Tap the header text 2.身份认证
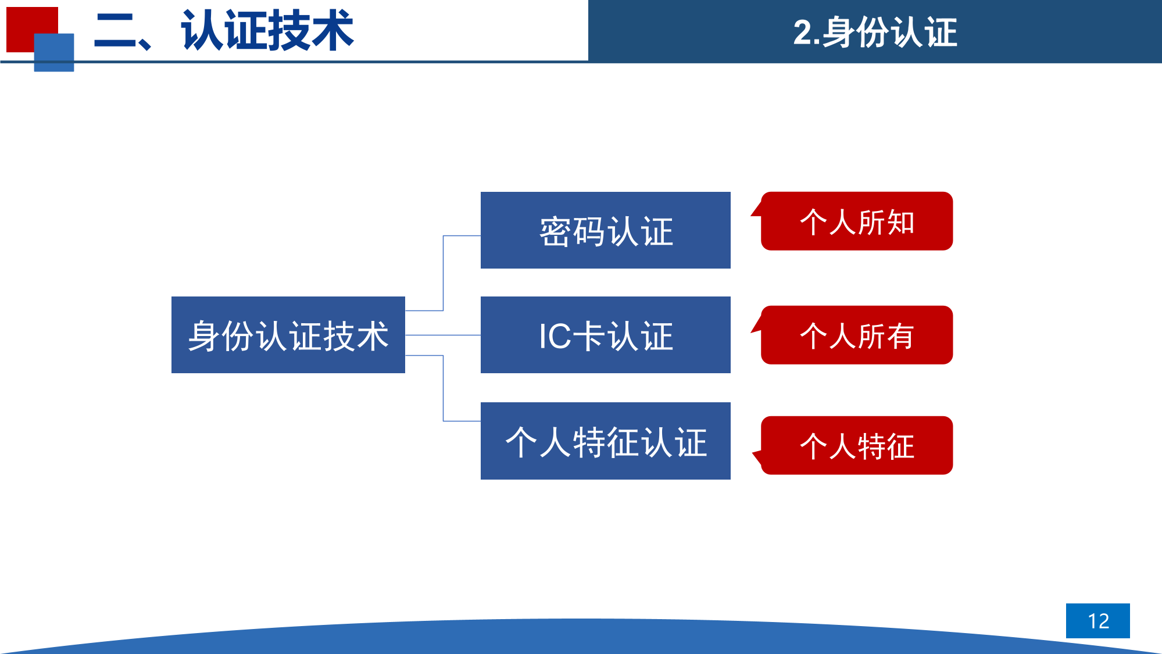(x=875, y=32)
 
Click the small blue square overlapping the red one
(x=54, y=52)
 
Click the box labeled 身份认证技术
(x=288, y=335)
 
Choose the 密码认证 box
(x=606, y=230)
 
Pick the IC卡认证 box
(x=606, y=335)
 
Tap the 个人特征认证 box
(x=606, y=441)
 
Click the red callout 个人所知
(x=857, y=221)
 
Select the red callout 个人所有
(x=857, y=335)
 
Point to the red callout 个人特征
(x=857, y=445)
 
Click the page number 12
(x=1098, y=621)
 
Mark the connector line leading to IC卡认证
(x=443, y=335)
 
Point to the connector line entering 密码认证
(x=444, y=273)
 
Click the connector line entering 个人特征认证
(x=444, y=388)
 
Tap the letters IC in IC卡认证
(x=555, y=336)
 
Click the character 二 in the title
(x=115, y=31)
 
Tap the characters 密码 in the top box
(x=573, y=231)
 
